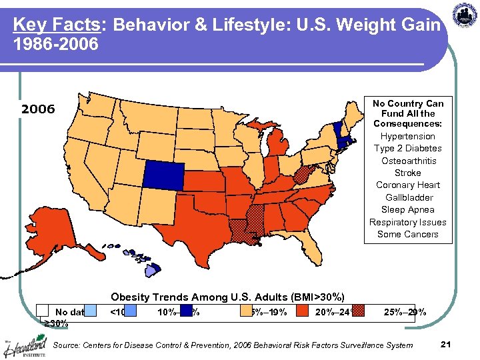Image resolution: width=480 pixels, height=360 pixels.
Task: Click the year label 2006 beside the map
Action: pos(38,109)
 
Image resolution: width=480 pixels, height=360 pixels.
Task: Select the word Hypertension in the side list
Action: pos(407,137)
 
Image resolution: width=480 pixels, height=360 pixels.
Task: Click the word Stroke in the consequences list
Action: pos(407,173)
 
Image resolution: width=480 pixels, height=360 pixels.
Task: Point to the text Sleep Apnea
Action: pos(407,210)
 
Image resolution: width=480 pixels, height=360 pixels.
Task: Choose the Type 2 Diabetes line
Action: pos(407,149)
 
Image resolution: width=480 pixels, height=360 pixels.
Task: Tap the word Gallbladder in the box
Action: pos(407,198)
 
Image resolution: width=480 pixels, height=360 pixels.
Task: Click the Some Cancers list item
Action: pos(407,235)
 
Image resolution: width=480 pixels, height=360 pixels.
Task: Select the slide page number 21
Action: pos(446,344)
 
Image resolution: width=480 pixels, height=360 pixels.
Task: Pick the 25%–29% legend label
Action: pos(405,312)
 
